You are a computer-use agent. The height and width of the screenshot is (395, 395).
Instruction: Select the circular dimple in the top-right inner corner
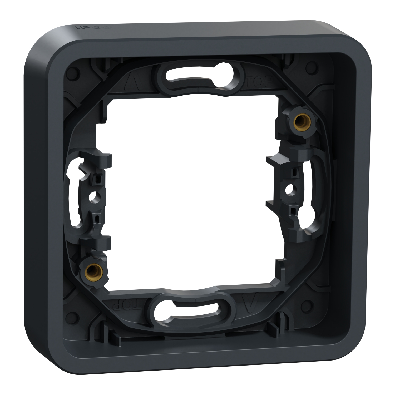[x=312, y=65]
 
